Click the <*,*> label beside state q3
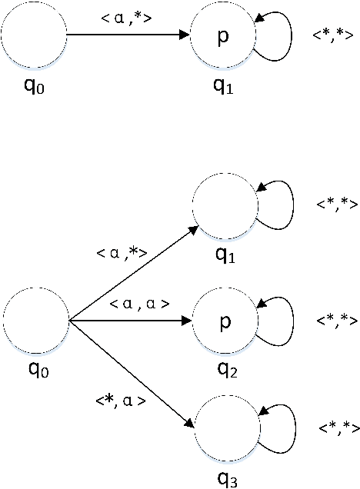[338, 427]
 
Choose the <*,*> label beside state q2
[338, 319]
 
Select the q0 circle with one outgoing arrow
[33, 35]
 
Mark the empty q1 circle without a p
[224, 208]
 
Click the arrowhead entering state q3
[188, 423]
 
